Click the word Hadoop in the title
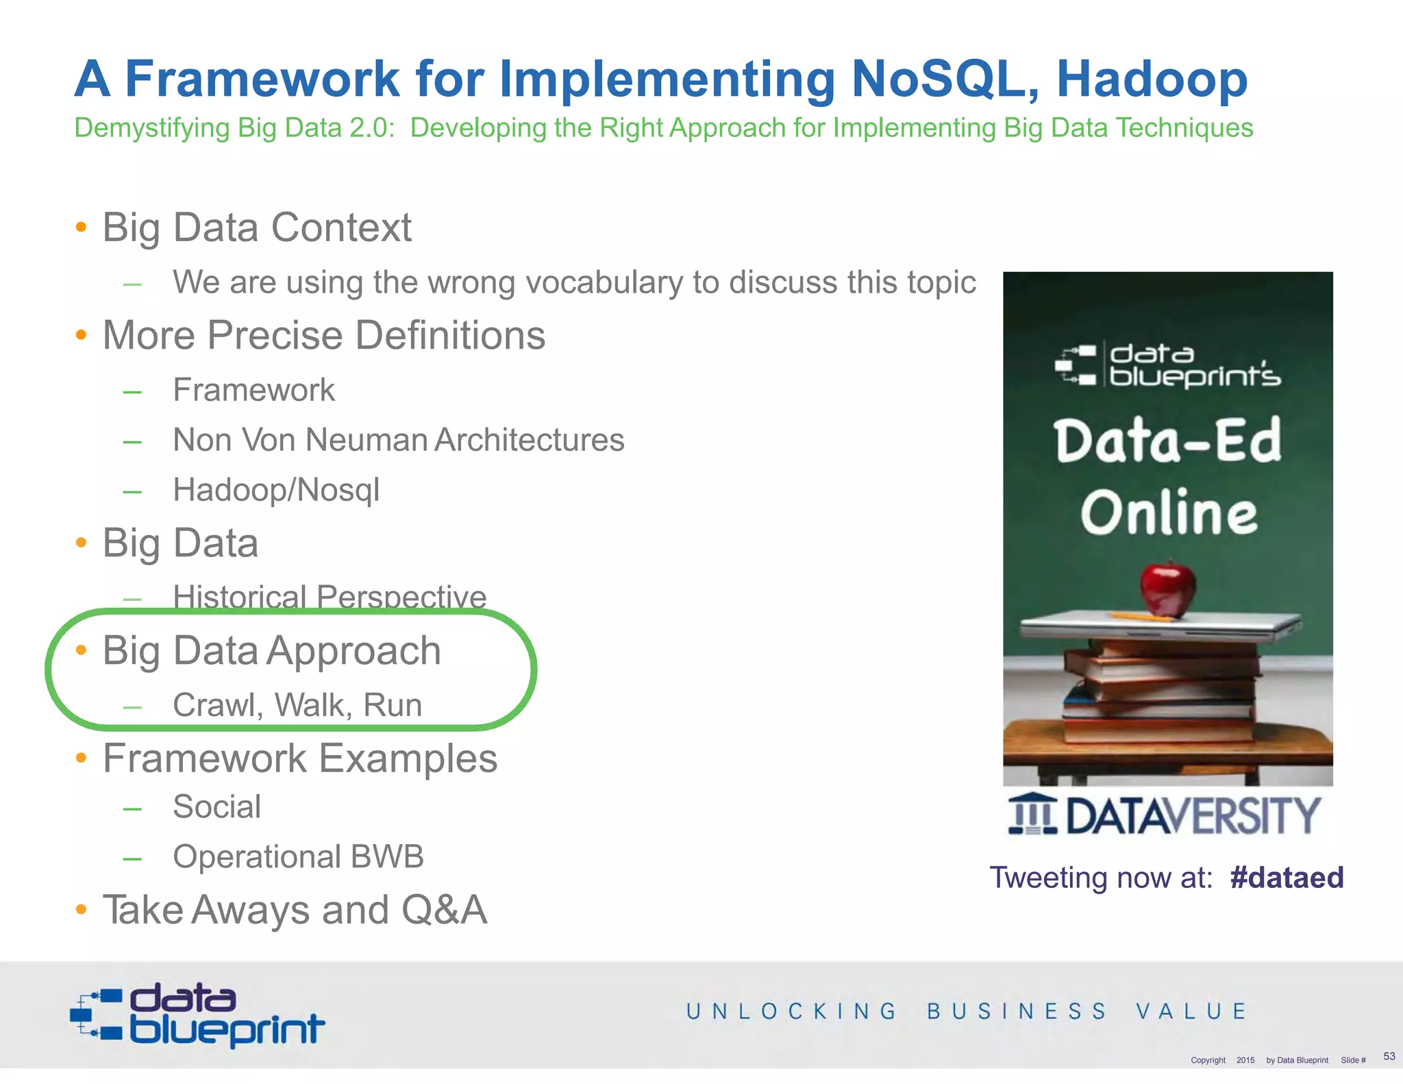[1152, 79]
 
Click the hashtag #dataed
[1287, 878]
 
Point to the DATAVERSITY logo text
[1192, 815]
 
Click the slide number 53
[1389, 1056]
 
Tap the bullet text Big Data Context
[257, 227]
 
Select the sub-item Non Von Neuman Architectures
[398, 440]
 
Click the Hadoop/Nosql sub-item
[276, 490]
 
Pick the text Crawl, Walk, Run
[297, 705]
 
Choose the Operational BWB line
[298, 857]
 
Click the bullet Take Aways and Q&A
[295, 910]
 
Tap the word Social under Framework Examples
[216, 806]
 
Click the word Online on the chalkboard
[1169, 513]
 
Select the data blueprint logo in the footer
[197, 1015]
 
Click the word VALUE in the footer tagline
[1191, 1011]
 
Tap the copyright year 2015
[1245, 1060]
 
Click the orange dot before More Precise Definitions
[82, 335]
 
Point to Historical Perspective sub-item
[330, 597]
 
